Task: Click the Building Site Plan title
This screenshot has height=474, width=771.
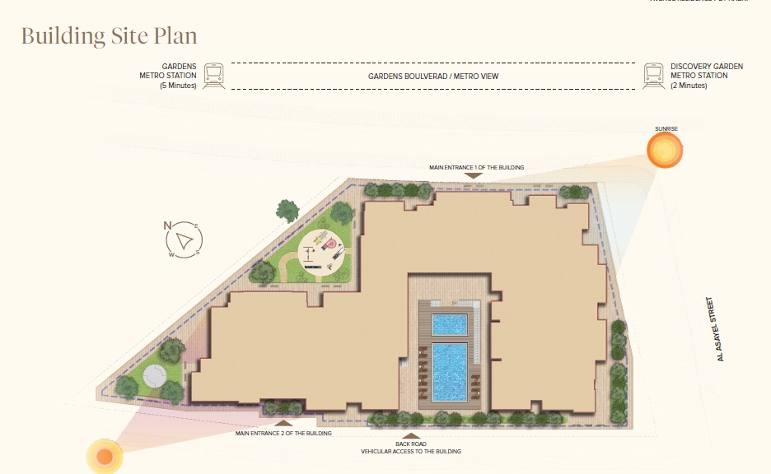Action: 109,36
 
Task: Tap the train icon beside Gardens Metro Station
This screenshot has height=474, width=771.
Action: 213,76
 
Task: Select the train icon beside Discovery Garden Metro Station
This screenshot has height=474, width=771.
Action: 654,76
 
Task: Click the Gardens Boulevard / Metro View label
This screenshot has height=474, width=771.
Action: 433,76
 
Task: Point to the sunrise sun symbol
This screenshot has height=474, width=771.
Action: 664,151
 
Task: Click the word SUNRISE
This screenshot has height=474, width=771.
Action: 666,129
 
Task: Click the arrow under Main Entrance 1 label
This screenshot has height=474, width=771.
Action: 474,175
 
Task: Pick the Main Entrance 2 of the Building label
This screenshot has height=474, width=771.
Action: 283,433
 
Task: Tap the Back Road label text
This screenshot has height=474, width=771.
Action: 410,442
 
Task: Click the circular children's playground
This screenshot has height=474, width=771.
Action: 322,249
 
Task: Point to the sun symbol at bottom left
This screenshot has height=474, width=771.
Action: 104,456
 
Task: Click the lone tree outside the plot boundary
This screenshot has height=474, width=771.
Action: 287,211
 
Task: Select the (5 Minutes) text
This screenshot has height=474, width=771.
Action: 178,86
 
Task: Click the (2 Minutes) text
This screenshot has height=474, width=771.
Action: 689,86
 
